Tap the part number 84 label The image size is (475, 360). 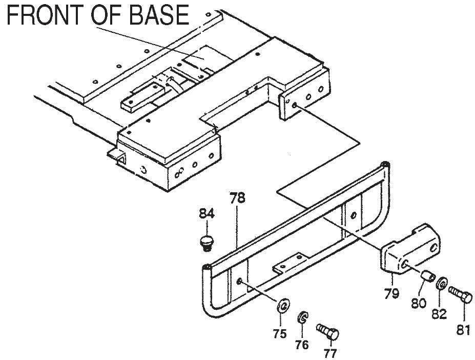207,214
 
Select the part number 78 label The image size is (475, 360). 237,197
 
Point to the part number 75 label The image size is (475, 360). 279,334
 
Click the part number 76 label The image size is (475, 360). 302,345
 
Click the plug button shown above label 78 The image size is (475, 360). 206,242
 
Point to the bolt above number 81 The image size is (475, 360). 460,294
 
